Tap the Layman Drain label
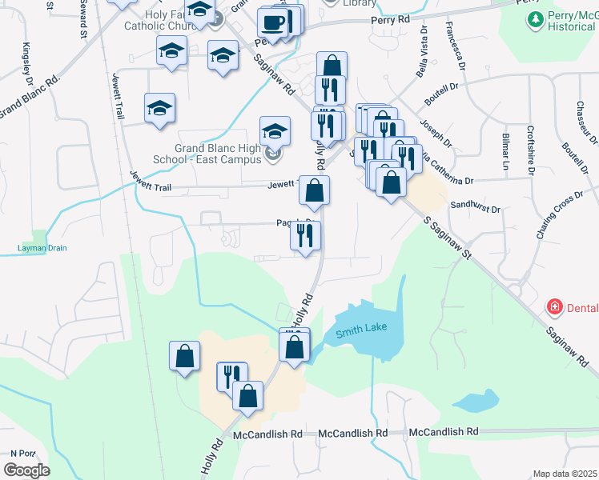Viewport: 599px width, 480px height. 42,248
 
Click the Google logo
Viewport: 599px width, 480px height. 26,470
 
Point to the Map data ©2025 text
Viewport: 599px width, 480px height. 565,474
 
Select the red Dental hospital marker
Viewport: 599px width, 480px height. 553,307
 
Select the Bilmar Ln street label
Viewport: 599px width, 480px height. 505,153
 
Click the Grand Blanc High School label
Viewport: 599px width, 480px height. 219,154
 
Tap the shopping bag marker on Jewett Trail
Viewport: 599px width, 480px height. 315,190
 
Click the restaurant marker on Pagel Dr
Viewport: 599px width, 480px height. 305,235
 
